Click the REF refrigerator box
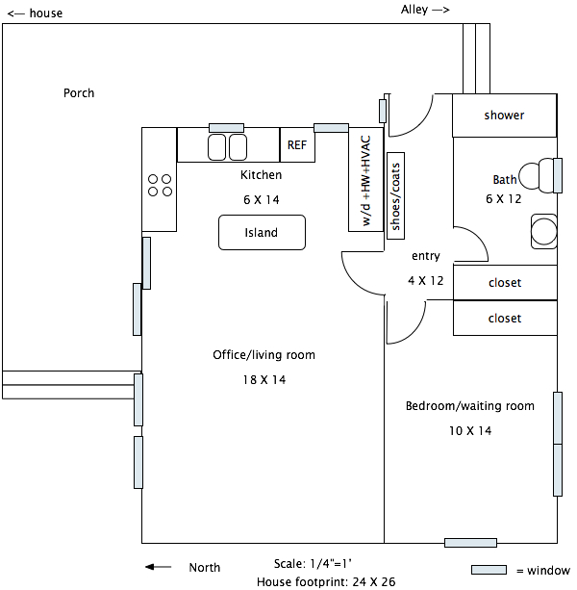[x=297, y=145]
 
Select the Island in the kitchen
[x=262, y=232]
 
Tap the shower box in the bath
[x=504, y=115]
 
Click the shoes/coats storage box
[x=396, y=192]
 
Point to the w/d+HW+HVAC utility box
[x=365, y=180]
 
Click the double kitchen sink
[x=228, y=146]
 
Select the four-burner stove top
[x=160, y=185]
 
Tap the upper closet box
[x=504, y=283]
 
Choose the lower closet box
[x=504, y=318]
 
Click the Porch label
[x=79, y=93]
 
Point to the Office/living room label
[x=263, y=355]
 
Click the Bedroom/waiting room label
[x=469, y=406]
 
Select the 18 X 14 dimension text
[x=263, y=380]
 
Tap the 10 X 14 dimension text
[x=469, y=431]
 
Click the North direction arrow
[x=158, y=568]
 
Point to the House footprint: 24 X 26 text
[x=326, y=581]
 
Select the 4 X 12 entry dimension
[x=426, y=281]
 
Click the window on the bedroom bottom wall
[x=470, y=543]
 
